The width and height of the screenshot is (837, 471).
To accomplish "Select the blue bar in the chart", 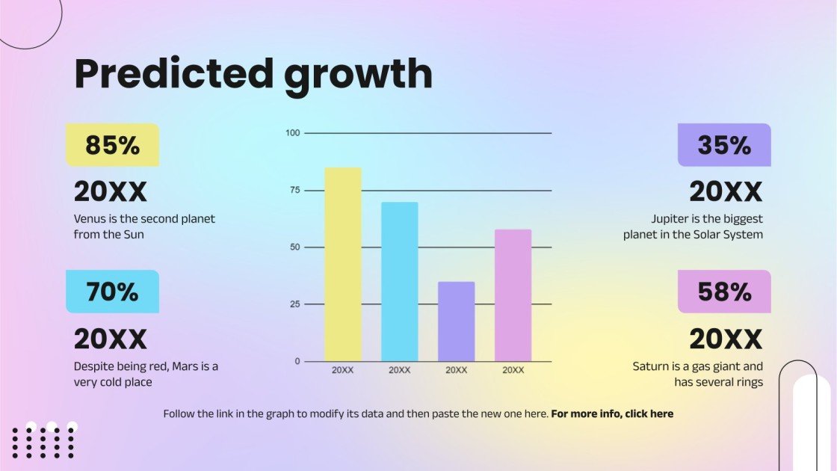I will coord(400,282).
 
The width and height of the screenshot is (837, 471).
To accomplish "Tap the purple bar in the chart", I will coord(456,321).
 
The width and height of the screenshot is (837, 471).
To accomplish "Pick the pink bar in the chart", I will coord(513,295).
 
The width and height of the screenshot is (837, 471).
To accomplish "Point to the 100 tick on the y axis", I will coord(292,133).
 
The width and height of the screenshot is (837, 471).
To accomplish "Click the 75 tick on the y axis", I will coord(294,191).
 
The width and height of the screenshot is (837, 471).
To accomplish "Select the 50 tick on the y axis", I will coord(294,247).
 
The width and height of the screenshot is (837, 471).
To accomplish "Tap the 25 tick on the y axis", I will coord(294,304).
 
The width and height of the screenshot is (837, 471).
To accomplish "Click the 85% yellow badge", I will coord(113,145).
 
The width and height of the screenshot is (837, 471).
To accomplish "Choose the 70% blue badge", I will coord(113,292).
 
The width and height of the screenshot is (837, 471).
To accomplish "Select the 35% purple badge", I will coord(724,145).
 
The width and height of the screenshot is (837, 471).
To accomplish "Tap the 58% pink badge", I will coord(724,292).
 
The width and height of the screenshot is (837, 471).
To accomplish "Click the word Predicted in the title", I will coord(173,75).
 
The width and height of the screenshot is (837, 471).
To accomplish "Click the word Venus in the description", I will coord(89,219).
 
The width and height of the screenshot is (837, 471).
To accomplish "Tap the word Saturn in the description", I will coord(652,366).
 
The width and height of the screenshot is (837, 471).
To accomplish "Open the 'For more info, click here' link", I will coord(612,413).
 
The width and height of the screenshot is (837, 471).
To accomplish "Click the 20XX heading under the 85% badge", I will coord(111,192).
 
